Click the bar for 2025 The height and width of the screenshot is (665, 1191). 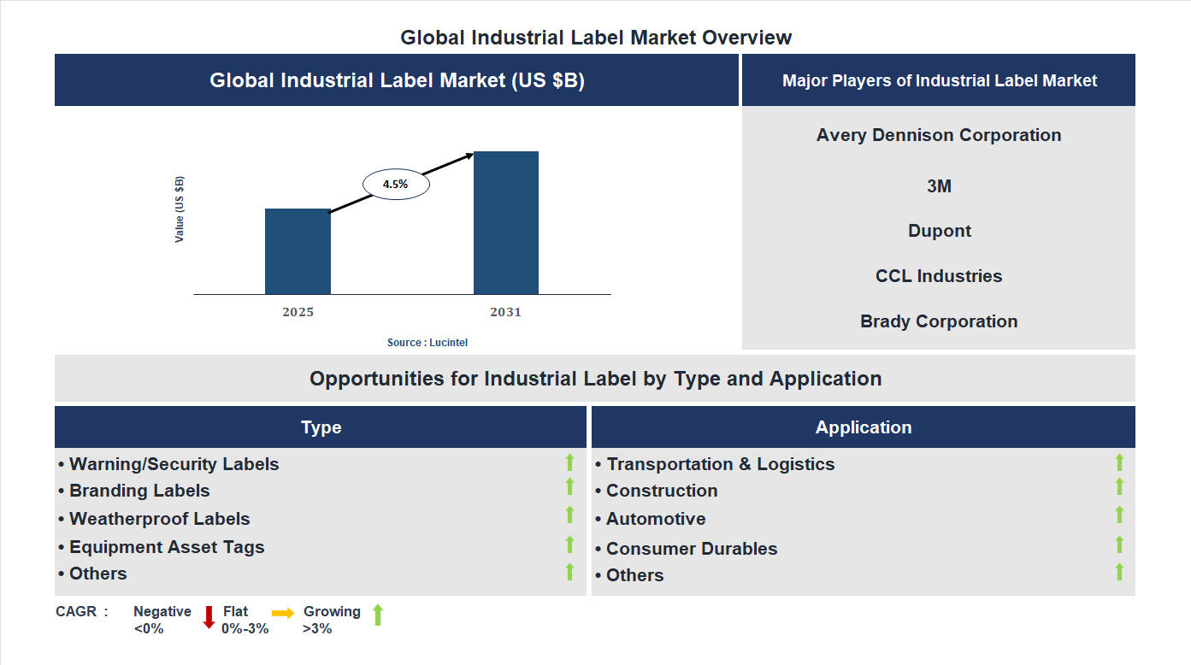point(298,251)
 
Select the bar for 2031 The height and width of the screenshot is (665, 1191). point(506,223)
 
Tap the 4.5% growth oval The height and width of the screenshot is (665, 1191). point(396,184)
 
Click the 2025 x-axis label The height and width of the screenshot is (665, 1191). point(298,312)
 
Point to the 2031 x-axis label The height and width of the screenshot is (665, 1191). point(505,312)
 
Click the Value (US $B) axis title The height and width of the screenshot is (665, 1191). point(180,209)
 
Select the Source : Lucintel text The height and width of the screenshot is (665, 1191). point(427,342)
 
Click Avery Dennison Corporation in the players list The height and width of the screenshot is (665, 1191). point(939,135)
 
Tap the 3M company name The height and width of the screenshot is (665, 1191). point(939,186)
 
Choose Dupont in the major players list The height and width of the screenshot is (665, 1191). point(939,231)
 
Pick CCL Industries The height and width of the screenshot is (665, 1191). point(939,276)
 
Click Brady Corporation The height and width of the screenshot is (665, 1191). point(939,321)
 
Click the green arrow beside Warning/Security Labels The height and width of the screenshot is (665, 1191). point(569,463)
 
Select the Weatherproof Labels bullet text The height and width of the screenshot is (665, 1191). point(159,519)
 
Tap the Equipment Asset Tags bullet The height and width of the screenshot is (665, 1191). point(167,547)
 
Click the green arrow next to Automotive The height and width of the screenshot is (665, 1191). point(1119,515)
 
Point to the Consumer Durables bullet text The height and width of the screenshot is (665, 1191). point(691,549)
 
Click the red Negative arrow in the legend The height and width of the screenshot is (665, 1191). point(209,617)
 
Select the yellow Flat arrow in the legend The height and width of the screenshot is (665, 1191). point(283,613)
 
